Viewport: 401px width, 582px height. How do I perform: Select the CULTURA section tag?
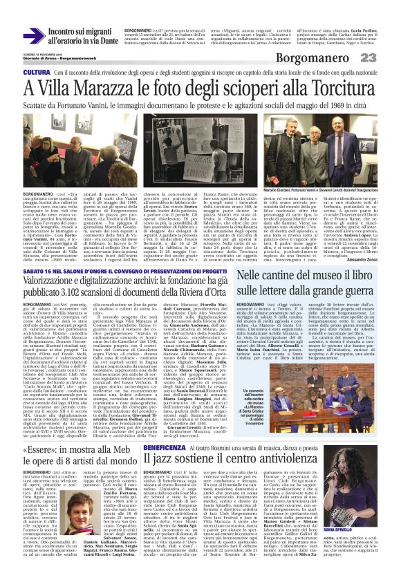(x=36, y=73)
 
